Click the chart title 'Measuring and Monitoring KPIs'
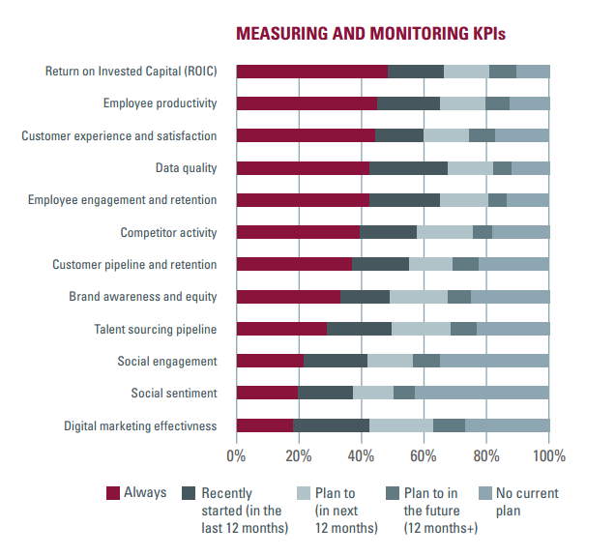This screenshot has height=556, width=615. click(370, 34)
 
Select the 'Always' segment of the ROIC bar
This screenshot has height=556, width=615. click(311, 71)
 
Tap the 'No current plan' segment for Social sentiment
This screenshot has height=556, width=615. click(482, 393)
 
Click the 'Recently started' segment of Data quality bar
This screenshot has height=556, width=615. click(408, 167)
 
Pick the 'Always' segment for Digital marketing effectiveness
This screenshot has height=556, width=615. click(264, 424)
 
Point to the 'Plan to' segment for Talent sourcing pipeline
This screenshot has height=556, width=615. click(421, 329)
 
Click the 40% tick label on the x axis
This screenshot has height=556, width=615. click(361, 455)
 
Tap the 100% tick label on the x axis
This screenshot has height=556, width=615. click(548, 455)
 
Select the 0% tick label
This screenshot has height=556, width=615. click(236, 455)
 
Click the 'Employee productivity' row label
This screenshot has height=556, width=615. click(160, 103)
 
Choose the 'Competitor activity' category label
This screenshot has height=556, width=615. click(168, 232)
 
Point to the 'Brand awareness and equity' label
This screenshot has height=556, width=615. click(142, 297)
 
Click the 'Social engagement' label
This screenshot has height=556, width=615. click(166, 361)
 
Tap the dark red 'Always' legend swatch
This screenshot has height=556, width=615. click(112, 493)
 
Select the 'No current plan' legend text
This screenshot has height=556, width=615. click(526, 501)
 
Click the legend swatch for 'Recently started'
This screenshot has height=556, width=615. click(190, 493)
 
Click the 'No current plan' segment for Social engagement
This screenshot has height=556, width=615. click(494, 361)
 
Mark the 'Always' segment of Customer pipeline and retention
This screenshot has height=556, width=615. click(293, 264)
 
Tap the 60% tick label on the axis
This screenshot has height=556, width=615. click(424, 455)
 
